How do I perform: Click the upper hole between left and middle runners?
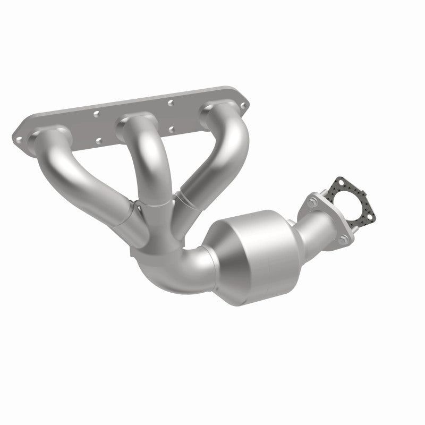tap(96, 113)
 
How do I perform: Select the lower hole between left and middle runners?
tap(99, 141)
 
